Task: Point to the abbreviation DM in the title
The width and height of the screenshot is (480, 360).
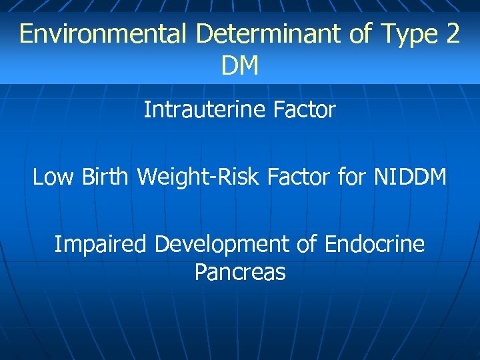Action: pos(240,65)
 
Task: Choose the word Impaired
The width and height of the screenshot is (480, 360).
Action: pos(101,244)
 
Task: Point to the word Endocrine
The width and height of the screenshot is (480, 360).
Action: pos(375,244)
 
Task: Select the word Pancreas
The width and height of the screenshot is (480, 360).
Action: pos(240,272)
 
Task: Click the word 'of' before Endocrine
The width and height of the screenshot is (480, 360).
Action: pos(307,244)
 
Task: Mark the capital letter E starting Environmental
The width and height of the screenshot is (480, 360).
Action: pos(26,33)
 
